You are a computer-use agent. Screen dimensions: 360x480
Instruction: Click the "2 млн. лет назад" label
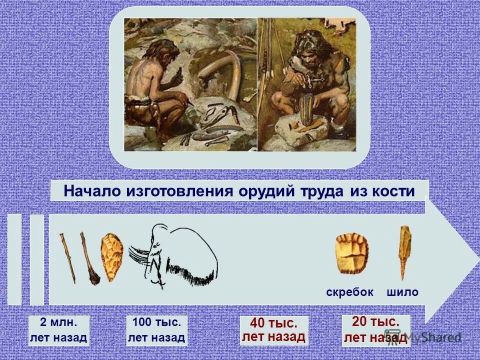[58, 330]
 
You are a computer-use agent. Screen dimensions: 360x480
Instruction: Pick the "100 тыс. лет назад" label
[156, 330]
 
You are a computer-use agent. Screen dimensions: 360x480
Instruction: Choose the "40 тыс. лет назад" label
[274, 330]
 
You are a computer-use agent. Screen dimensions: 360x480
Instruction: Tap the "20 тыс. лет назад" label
[375, 330]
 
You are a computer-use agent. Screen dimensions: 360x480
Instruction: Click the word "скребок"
[350, 292]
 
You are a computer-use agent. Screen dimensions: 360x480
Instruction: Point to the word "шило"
[402, 292]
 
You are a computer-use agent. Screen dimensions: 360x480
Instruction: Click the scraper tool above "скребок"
[352, 254]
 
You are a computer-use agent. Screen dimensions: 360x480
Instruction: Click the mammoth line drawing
[175, 255]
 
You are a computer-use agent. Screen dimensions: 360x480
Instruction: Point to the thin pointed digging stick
[68, 257]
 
